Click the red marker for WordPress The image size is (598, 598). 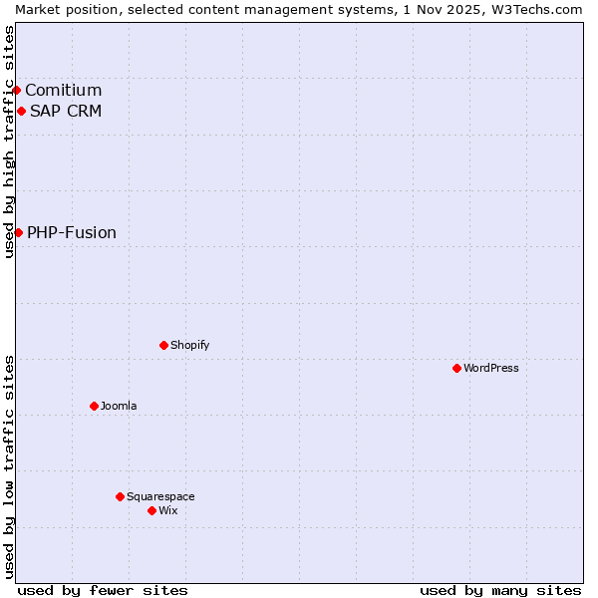tap(456, 368)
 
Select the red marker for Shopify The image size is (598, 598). tap(163, 345)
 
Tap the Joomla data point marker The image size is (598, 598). tap(94, 406)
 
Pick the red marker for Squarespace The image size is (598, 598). tap(120, 496)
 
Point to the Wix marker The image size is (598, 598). tap(151, 510)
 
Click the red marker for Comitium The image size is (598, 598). tap(16, 91)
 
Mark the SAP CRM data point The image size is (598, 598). tap(21, 111)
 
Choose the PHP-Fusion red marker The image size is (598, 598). tap(18, 232)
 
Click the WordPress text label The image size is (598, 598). tap(490, 368)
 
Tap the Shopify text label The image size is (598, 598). tap(189, 345)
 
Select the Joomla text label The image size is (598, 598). tap(119, 406)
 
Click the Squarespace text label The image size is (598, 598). tap(160, 496)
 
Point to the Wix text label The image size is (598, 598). tap(168, 510)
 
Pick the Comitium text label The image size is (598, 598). tap(63, 91)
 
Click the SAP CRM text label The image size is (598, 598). tap(66, 111)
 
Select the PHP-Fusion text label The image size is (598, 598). tap(72, 232)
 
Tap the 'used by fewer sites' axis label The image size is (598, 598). tap(103, 590)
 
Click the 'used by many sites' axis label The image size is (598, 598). tap(500, 590)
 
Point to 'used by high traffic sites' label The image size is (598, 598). tap(9, 142)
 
